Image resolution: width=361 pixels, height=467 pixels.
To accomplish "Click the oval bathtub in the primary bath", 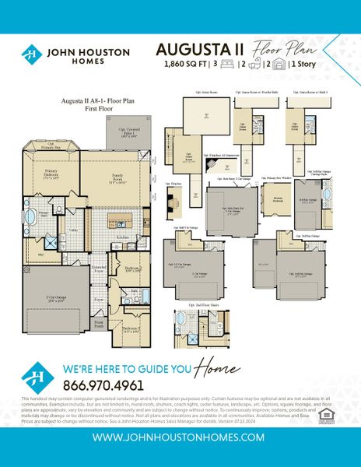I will (32, 217).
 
